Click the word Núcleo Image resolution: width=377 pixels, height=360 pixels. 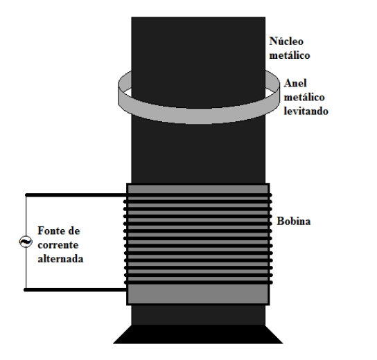tap(286, 41)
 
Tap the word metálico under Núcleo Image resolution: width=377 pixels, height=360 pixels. tap(290, 55)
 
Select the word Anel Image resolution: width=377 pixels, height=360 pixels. tap(295, 83)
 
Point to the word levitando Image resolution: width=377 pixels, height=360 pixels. tap(306, 111)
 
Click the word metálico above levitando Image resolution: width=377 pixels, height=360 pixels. tap(304, 97)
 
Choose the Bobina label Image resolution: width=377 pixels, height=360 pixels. tap(294, 221)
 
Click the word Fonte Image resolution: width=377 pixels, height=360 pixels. tap(51, 231)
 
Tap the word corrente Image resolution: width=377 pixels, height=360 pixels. tap(58, 245)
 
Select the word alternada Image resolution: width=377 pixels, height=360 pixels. tap(60, 259)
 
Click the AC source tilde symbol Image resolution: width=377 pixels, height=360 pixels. tap(26, 242)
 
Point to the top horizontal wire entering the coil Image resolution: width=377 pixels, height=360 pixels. tap(76, 195)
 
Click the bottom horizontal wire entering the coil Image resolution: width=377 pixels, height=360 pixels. tap(75, 290)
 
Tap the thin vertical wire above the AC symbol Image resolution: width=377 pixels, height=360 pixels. tap(26, 216)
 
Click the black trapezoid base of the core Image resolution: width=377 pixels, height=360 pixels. tap(198, 334)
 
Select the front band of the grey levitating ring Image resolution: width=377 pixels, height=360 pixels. tap(198, 116)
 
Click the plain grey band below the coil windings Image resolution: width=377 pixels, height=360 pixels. tap(198, 294)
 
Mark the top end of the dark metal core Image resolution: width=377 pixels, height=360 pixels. tap(198, 18)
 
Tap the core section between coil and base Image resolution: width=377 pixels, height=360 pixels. tap(198, 315)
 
